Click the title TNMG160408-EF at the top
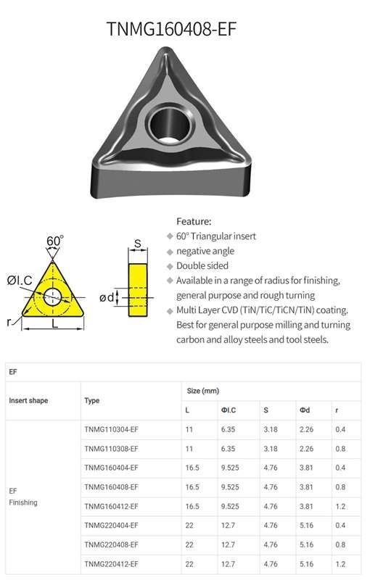171,29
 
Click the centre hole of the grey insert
170,124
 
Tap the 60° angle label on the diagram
54,241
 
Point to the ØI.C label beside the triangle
20,280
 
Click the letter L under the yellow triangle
54,323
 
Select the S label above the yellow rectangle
138,244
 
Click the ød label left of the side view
107,297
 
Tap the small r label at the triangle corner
9,322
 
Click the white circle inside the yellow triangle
52,297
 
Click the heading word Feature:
194,221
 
